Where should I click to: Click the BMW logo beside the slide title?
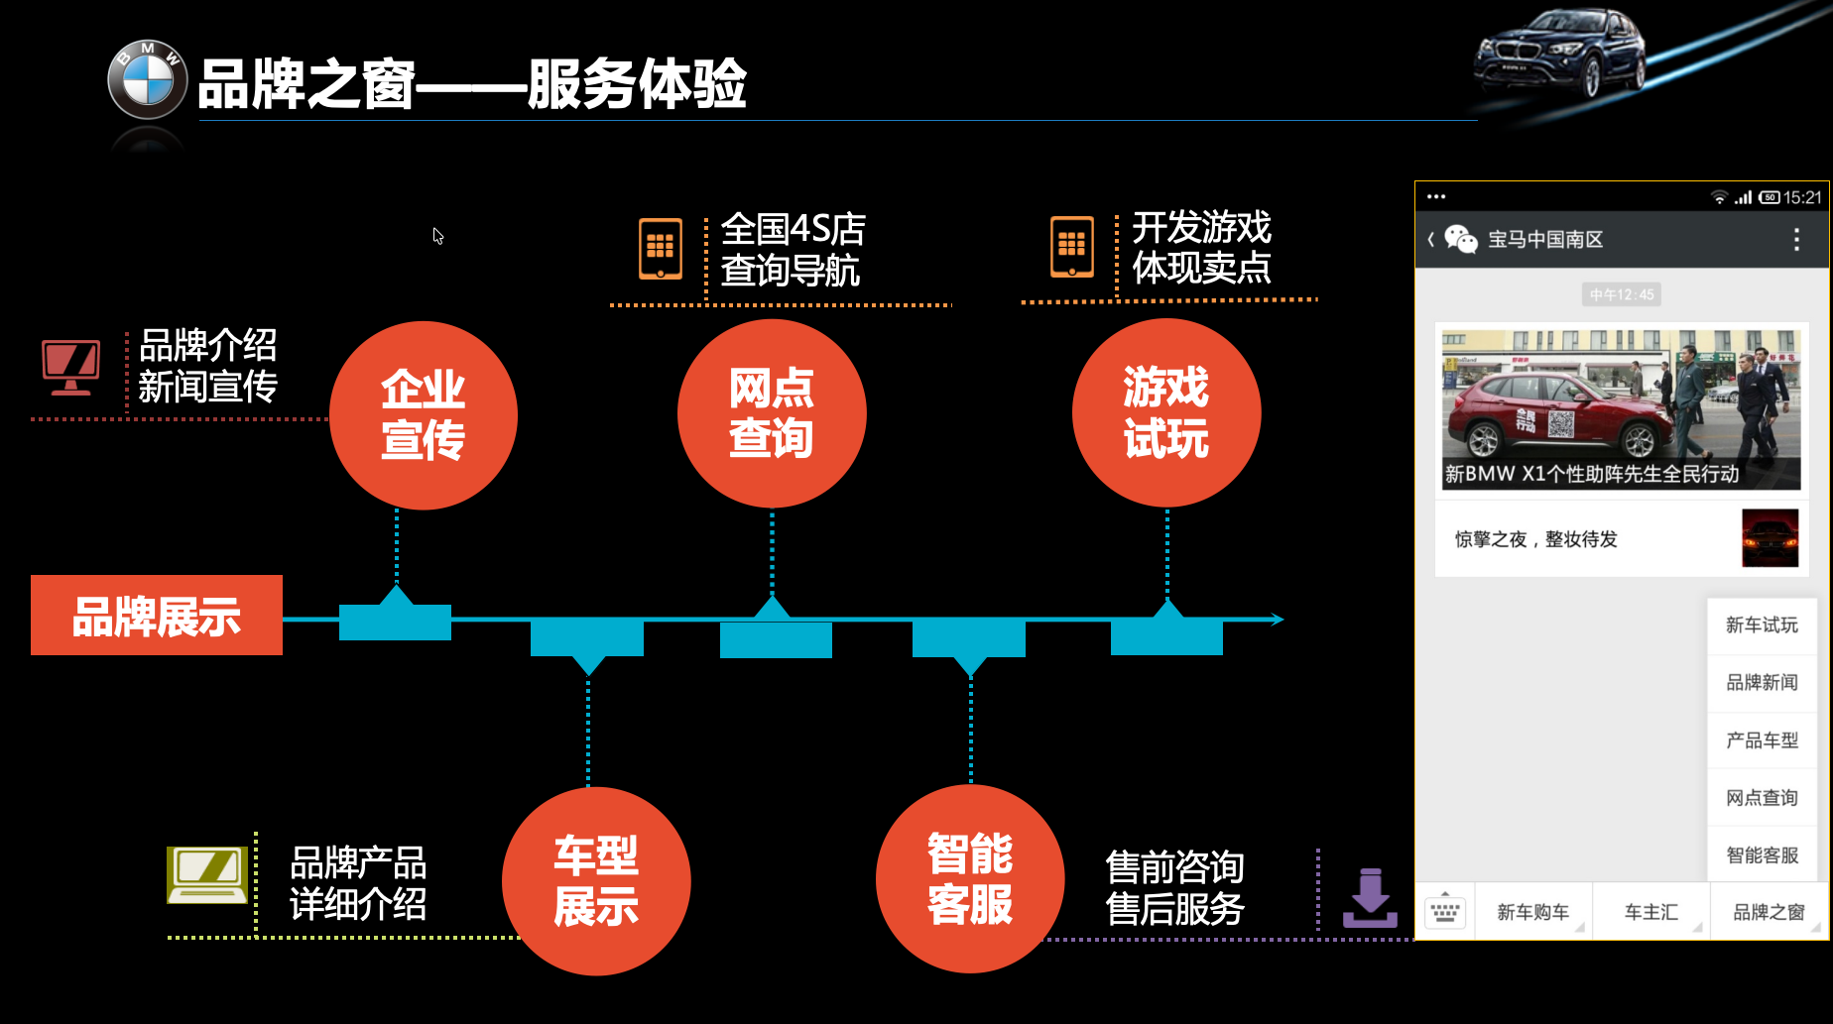pos(147,79)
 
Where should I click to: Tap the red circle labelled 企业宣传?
pos(424,414)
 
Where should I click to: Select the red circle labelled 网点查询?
pos(772,412)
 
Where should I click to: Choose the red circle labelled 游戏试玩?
pos(1166,412)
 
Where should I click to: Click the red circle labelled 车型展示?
pos(596,880)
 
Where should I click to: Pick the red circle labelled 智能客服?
pos(970,879)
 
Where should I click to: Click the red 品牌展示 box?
pos(157,616)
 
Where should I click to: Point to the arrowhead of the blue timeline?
pos(1278,620)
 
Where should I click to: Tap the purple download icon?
pos(1370,898)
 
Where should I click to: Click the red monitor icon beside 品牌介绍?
pos(70,367)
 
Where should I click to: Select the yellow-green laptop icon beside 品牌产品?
pos(207,874)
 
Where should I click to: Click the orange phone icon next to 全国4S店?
pos(661,248)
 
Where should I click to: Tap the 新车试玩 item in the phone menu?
pos(1762,625)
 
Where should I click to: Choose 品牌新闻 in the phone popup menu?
pos(1762,682)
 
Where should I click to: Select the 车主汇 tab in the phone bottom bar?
pos(1650,912)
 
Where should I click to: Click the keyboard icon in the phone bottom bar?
pos(1445,911)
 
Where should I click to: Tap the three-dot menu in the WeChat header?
pos(1796,239)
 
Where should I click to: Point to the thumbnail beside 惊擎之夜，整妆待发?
pos(1770,538)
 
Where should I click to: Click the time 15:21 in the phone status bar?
pos(1802,197)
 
